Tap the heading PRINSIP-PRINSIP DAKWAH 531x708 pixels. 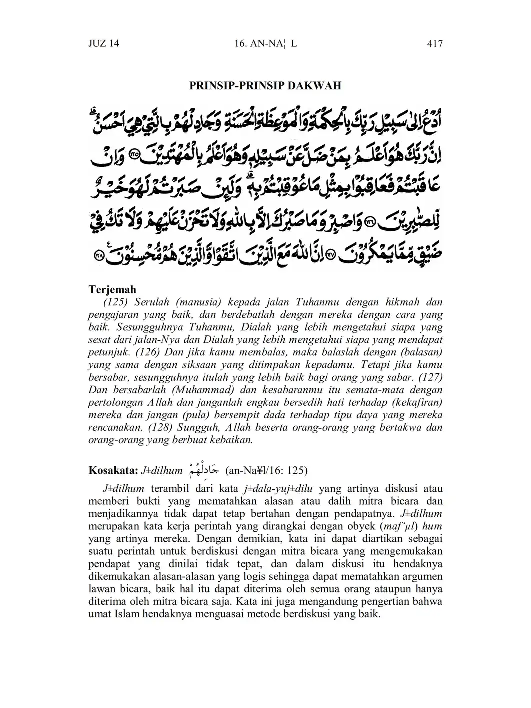[x=265, y=86]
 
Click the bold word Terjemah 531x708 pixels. [x=112, y=290]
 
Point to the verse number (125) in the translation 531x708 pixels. [x=116, y=303]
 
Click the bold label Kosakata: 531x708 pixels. [x=113, y=470]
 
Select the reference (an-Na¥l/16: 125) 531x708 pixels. [x=266, y=470]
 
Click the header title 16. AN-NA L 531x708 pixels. [x=265, y=44]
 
